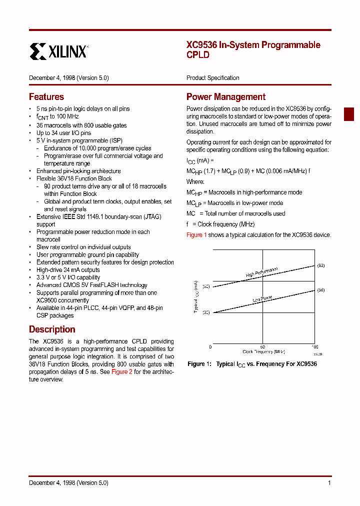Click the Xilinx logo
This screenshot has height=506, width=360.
(x=58, y=51)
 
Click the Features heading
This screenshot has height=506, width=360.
(x=46, y=97)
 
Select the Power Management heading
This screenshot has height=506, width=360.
(x=225, y=97)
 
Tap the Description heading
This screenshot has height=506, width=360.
(x=52, y=329)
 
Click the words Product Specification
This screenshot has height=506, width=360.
(x=212, y=78)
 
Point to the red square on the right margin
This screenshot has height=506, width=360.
(x=348, y=114)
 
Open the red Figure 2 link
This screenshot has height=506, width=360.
(x=121, y=372)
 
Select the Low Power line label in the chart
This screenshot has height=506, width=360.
(x=262, y=299)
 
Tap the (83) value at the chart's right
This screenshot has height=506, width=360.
(x=320, y=265)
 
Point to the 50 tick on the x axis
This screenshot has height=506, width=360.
(x=262, y=346)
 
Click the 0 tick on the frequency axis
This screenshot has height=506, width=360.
(x=210, y=346)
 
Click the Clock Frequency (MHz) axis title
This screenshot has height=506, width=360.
(x=263, y=352)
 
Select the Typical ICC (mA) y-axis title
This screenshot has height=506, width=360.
(x=196, y=297)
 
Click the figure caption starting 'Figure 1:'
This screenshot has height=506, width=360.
(x=252, y=364)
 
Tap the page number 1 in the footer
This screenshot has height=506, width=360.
(x=329, y=483)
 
